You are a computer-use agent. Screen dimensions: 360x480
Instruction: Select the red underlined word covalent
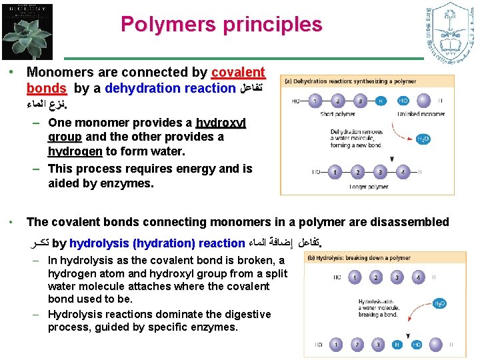238,72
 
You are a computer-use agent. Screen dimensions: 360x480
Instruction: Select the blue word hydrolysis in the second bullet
99,244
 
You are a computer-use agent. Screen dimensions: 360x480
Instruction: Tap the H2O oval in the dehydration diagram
423,139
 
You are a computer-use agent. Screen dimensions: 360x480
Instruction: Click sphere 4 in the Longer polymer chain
402,172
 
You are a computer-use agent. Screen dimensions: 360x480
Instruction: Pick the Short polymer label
337,114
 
